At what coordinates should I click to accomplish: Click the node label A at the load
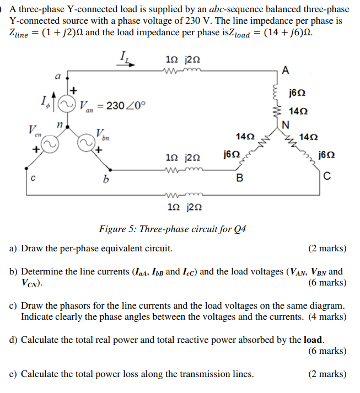click(x=284, y=69)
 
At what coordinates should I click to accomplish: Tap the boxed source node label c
click(x=34, y=178)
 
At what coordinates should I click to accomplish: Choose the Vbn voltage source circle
click(x=86, y=145)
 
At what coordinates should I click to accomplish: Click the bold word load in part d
click(x=313, y=340)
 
